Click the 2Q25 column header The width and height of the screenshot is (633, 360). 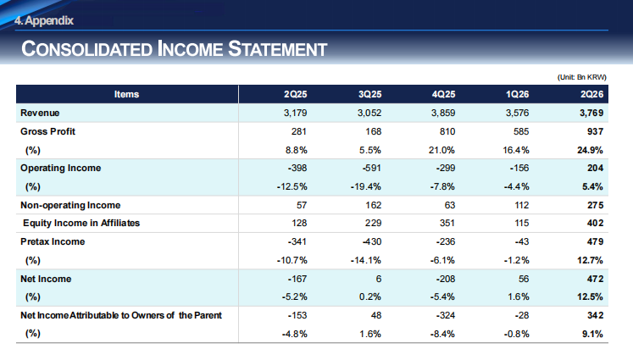[295, 94]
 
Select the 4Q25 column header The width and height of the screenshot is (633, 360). [443, 94]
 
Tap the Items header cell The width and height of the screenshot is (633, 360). [126, 94]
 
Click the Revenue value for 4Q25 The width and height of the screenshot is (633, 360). [443, 113]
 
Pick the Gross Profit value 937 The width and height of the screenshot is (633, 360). [596, 131]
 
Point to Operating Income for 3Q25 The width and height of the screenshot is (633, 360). [371, 168]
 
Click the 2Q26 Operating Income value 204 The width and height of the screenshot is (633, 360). [596, 168]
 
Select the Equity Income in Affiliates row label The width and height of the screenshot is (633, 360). [81, 223]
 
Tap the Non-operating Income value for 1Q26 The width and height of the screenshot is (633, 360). [522, 205]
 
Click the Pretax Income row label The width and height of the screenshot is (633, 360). [53, 241]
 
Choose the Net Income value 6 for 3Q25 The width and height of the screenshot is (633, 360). [378, 279]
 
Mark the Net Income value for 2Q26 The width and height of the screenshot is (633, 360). [596, 279]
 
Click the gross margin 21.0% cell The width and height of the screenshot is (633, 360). [441, 150]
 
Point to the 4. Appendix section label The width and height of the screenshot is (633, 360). [44, 20]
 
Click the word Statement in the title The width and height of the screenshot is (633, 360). [277, 49]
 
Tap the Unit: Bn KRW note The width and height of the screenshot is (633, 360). [581, 77]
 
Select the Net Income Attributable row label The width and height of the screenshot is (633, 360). [121, 315]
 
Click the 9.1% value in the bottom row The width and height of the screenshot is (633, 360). [592, 334]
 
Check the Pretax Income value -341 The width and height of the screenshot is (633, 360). [297, 241]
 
